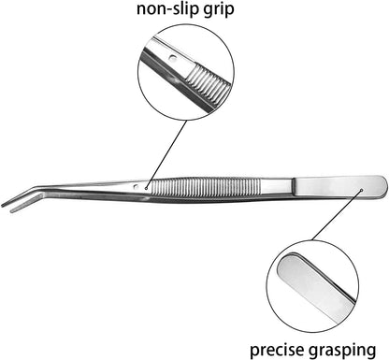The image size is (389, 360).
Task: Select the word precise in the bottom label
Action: coord(277,350)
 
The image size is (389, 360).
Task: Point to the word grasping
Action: coord(342,351)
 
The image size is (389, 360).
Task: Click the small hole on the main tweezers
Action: coord(136,187)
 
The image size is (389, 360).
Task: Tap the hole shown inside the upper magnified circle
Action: coord(172,58)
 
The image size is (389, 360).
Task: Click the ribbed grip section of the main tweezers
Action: coord(207,188)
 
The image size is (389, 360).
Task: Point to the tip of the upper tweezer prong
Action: coord(3,206)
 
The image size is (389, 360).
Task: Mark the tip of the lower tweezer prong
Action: coord(12,211)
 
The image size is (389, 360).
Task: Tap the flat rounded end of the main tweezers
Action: coord(340,187)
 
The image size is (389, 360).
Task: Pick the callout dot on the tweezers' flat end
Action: coord(362,189)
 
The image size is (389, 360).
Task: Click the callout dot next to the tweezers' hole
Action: coord(146,188)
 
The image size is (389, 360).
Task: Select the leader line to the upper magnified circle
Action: coord(166,154)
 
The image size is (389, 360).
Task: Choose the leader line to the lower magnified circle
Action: coord(337,215)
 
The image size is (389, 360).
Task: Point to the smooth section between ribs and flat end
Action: coord(277,187)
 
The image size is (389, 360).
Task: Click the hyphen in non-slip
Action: coord(170,10)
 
